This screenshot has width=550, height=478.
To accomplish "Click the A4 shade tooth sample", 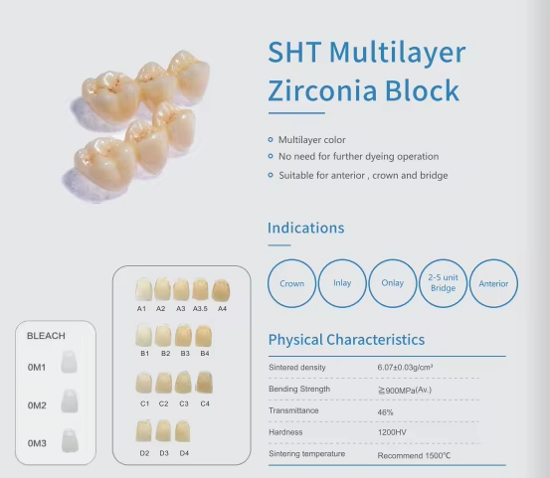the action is tap(221, 290).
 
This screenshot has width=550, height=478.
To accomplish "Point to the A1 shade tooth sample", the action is tap(144, 289).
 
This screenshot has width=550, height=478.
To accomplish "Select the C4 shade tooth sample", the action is tap(205, 383).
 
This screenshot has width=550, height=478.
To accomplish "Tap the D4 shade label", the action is tap(184, 453).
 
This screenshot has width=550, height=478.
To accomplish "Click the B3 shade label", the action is tap(185, 353).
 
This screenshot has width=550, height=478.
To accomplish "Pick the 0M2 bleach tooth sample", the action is tap(70, 400).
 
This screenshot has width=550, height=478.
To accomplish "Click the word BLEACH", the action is tap(46, 336).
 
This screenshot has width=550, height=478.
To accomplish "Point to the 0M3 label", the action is tap(37, 443).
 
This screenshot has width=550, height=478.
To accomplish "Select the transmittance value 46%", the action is tap(385, 412).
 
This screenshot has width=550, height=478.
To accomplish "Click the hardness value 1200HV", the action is tap(392, 432).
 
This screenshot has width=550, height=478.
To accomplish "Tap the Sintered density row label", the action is tap(297, 368).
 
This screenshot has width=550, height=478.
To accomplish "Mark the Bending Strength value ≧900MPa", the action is tap(405, 390).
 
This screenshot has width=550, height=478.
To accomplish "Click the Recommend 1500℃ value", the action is tap(414, 455).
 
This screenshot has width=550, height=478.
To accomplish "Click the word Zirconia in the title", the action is tap(322, 90).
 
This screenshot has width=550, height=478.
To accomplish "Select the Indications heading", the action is tap(306, 228).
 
